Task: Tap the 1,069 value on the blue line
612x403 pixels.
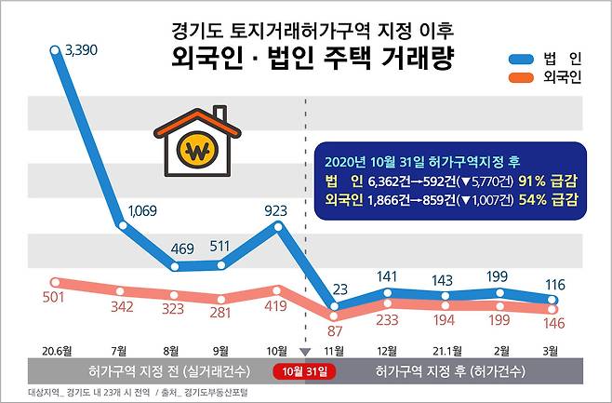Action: tap(143, 210)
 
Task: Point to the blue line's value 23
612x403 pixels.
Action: tap(339, 289)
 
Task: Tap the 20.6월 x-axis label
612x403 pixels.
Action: tap(55, 351)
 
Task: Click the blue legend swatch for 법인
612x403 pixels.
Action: tap(523, 59)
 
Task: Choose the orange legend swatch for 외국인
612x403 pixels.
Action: tap(523, 78)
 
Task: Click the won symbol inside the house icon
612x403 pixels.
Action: tap(197, 150)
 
